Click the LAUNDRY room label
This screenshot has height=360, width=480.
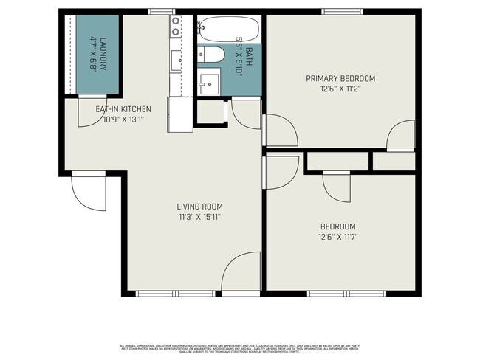click(104, 53)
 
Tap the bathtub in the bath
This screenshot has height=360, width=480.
click(230, 30)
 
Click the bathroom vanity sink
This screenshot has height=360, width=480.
click(209, 81)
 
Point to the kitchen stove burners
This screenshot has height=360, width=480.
click(176, 27)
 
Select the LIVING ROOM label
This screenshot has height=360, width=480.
click(199, 207)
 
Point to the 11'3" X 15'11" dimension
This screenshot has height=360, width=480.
click(199, 217)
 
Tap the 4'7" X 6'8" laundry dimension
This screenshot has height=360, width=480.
click(94, 53)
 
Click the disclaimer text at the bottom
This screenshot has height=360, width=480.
click(239, 348)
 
